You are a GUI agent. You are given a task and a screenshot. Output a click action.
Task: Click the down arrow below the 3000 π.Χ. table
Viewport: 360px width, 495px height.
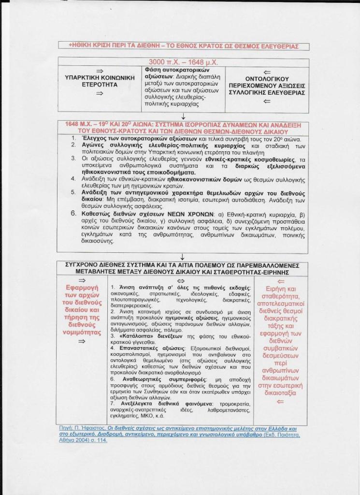click(184, 116)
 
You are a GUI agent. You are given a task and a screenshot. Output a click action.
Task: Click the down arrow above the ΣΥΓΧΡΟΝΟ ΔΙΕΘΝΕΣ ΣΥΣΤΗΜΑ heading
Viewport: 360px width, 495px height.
click(184, 257)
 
